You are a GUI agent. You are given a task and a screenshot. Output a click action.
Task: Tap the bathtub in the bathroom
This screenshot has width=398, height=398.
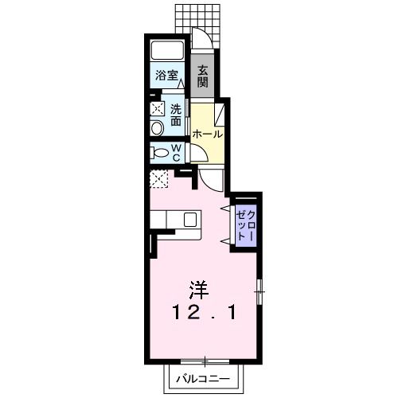168,50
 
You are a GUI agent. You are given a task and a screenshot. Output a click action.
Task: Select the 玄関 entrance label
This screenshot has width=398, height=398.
203,75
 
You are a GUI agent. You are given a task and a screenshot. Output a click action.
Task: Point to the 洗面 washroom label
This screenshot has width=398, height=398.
175,113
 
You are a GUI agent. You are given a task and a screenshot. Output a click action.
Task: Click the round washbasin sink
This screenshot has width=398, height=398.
157,128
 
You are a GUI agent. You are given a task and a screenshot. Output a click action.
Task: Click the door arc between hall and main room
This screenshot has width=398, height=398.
210,178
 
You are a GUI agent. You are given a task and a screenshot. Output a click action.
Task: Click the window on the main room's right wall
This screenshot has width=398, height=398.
259,293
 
